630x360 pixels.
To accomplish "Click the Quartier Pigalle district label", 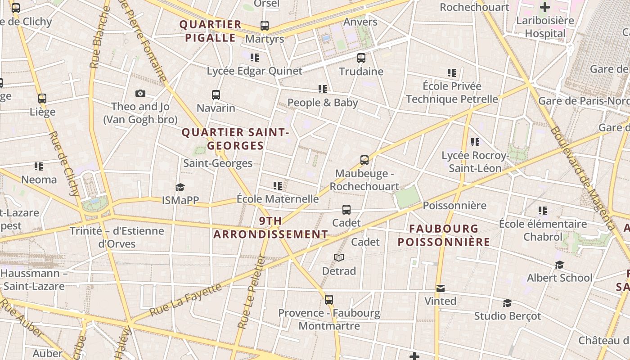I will point(211,31).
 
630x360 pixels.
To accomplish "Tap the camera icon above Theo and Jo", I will point(140,94).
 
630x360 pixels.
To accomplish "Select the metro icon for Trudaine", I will point(361,58).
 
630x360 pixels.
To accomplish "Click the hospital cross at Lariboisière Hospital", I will point(545,7).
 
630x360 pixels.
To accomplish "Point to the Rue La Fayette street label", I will point(185,300).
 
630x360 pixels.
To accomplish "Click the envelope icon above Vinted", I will point(440,288).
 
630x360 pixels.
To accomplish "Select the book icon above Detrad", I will point(339,257).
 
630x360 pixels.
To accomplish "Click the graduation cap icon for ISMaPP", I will point(180,187).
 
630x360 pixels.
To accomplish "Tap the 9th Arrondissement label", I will point(270,228).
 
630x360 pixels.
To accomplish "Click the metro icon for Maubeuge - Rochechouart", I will point(364,160).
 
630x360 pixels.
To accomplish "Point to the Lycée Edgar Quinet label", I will point(255,71).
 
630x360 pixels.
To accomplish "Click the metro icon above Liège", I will point(42,99).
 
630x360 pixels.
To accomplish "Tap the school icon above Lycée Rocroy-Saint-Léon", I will point(475,142).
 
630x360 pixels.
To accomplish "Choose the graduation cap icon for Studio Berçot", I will point(507,303).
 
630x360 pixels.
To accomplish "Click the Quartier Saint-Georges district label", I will point(235,139).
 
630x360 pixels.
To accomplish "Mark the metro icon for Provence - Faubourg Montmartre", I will point(329,300).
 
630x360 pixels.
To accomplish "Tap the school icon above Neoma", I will point(39,166).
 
